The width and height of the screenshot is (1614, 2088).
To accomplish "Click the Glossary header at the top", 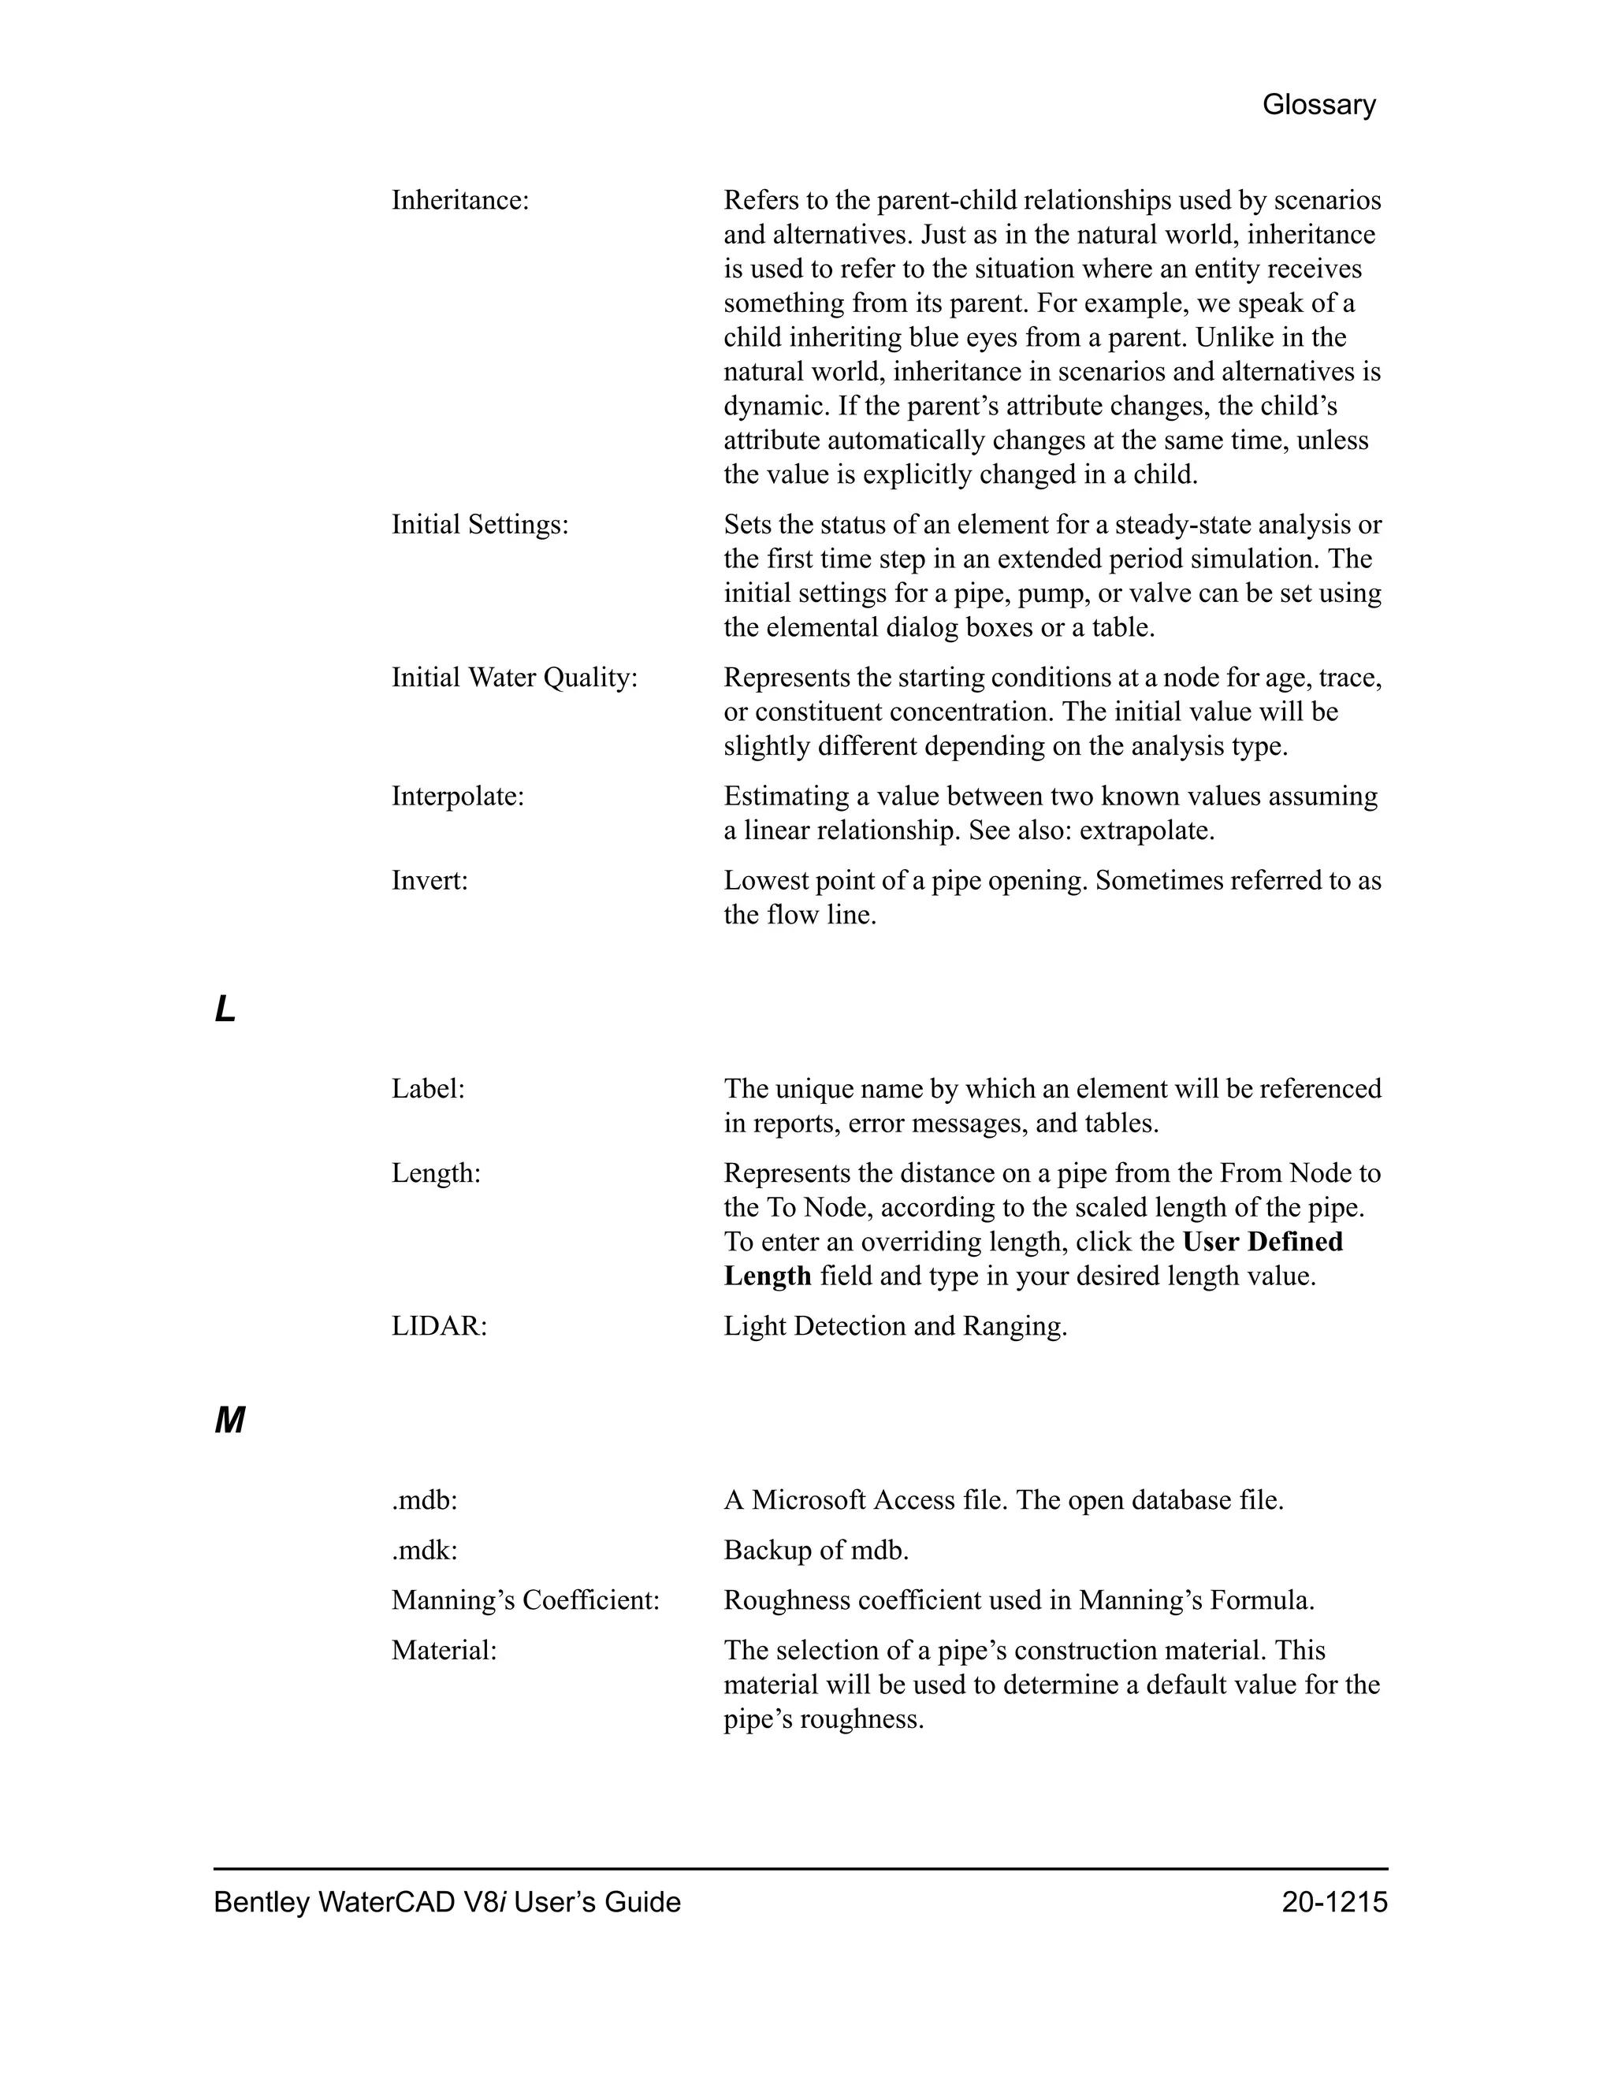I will tap(1318, 104).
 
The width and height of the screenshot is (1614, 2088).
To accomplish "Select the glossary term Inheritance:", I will tap(460, 201).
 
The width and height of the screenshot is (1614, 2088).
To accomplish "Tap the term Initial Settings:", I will tap(480, 525).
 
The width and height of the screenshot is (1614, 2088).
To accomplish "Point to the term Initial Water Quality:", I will tap(515, 678).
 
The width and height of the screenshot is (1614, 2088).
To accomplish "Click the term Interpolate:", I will tap(458, 797).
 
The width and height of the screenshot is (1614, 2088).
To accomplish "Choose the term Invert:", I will tap(430, 881).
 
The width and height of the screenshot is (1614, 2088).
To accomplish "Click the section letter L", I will tap(225, 1009).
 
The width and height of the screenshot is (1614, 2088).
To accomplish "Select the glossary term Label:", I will tap(427, 1089).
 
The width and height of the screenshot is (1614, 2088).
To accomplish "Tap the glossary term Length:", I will tap(436, 1173).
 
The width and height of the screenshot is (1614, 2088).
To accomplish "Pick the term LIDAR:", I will tap(439, 1326).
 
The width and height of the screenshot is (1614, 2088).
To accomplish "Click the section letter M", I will tap(229, 1421).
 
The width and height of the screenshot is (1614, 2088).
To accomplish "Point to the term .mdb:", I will tap(425, 1501).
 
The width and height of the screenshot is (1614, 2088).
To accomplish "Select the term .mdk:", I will tap(425, 1551).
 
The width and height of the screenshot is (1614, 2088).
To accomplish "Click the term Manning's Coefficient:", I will tap(526, 1600).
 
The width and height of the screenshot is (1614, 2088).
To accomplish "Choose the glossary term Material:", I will tap(444, 1650).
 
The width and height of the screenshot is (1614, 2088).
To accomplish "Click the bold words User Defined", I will tap(1263, 1242).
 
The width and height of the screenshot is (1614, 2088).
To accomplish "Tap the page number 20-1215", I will tap(1334, 1903).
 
